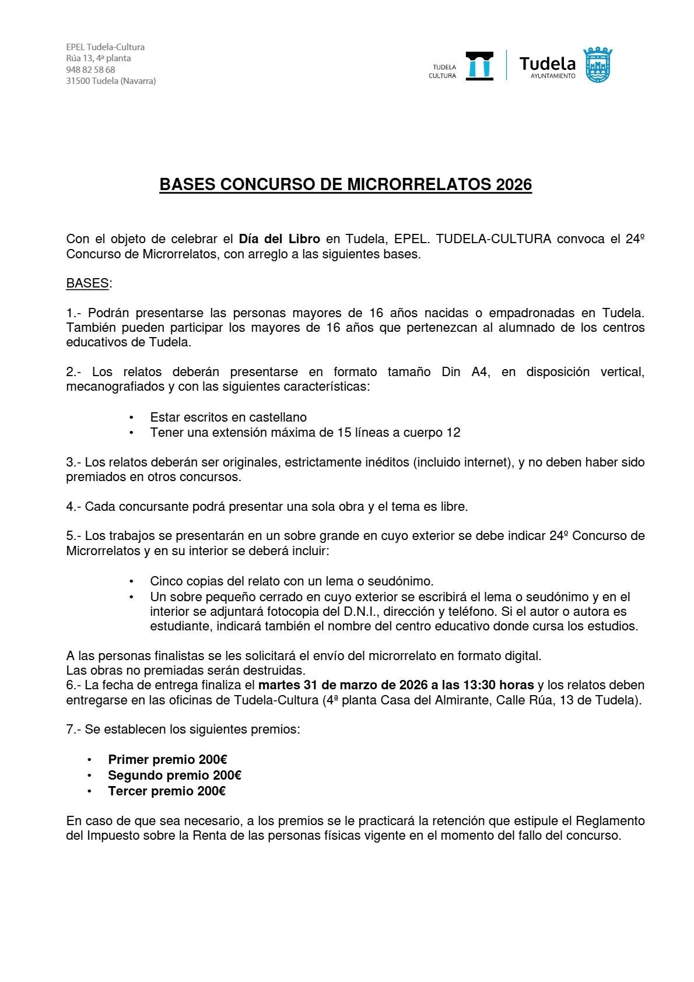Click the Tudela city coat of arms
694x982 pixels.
click(x=598, y=65)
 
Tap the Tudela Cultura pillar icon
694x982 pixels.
click(x=479, y=65)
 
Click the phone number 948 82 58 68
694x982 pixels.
click(x=90, y=69)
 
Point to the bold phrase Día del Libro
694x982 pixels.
click(x=279, y=239)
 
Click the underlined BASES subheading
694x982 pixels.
click(x=87, y=283)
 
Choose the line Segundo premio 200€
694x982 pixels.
click(x=174, y=776)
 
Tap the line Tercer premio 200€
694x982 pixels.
click(x=167, y=791)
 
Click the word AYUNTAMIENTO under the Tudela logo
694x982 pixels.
click(x=553, y=76)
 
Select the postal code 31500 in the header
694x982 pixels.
click(x=78, y=81)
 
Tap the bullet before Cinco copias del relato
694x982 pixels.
click(x=132, y=582)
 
